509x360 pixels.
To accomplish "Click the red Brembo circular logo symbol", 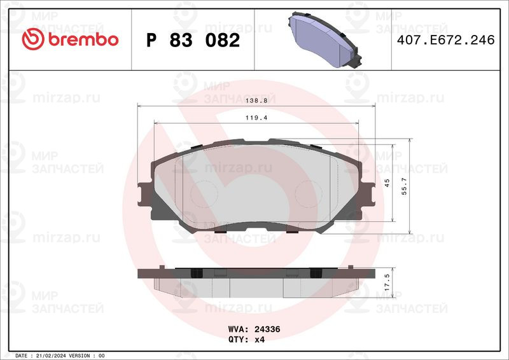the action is click(x=33, y=39).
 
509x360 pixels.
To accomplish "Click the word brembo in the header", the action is click(x=83, y=39).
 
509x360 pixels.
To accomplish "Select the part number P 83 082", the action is click(x=193, y=40).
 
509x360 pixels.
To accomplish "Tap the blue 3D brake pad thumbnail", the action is click(x=324, y=39).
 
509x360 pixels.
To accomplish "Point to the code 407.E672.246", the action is click(x=446, y=40).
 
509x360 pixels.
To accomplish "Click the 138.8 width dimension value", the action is click(x=256, y=100).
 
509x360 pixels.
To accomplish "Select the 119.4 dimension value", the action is click(x=256, y=118).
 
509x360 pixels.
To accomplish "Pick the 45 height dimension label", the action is click(x=387, y=183).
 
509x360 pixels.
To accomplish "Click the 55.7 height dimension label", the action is click(x=404, y=186).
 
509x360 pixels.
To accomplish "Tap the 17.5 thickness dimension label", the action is click(x=387, y=282).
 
